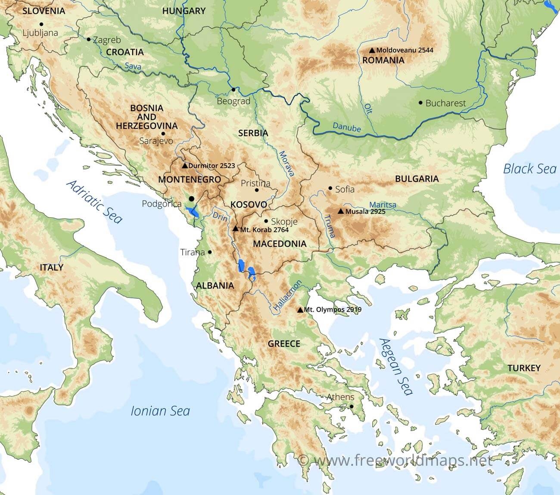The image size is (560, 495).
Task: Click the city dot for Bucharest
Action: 420,103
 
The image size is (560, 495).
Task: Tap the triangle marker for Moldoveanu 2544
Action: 372,50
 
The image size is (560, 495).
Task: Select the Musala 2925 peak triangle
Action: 341,211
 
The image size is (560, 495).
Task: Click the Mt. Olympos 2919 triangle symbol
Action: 300,309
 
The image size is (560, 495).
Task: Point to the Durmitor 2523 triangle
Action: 185,165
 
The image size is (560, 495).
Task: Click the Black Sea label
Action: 530,169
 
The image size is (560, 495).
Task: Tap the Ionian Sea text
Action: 160,411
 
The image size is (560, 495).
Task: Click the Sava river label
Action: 132,66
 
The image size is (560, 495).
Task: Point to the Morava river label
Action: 286,164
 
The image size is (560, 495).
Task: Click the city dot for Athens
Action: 352,406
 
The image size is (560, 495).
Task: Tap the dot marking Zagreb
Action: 89,40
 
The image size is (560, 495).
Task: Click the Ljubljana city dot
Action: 41,25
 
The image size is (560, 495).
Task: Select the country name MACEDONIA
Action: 280,244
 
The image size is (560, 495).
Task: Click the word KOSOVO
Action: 249,204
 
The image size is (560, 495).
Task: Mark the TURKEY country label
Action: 523,368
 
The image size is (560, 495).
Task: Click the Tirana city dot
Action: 210,252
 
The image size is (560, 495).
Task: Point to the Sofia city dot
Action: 330,189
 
